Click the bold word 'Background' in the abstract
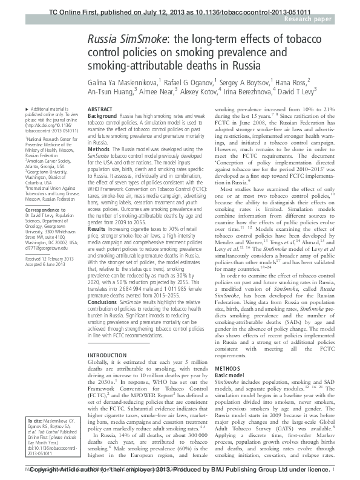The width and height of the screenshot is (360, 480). [x=102, y=115]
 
